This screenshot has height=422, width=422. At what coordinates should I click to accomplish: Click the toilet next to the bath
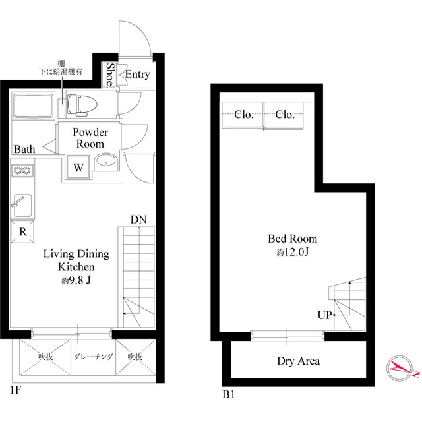(x=82, y=105)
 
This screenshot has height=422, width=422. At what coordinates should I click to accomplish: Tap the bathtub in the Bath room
(x=33, y=105)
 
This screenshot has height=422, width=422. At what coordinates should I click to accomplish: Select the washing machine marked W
(x=78, y=167)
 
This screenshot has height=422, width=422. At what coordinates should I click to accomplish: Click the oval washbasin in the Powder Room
(x=105, y=162)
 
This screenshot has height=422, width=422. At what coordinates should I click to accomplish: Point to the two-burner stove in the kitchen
(x=22, y=170)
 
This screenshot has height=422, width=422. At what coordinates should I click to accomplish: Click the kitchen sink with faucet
(x=22, y=205)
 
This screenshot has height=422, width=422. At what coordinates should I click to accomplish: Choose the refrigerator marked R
(x=22, y=231)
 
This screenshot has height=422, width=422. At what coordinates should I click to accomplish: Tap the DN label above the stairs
(x=138, y=220)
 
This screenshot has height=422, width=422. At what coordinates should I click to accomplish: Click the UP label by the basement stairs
(x=325, y=315)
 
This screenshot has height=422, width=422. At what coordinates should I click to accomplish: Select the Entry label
(x=138, y=74)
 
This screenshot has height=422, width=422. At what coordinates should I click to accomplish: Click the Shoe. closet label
(x=109, y=75)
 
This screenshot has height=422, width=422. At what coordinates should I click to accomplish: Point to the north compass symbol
(x=400, y=368)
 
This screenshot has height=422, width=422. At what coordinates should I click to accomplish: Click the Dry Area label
(x=299, y=361)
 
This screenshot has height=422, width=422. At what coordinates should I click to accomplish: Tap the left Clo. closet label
(x=244, y=115)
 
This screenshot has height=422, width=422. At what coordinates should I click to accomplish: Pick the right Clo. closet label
(x=285, y=115)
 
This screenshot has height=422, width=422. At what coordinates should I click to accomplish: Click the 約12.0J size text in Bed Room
(x=292, y=252)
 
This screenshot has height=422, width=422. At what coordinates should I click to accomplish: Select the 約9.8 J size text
(x=76, y=281)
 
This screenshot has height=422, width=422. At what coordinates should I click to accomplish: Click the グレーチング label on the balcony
(x=94, y=357)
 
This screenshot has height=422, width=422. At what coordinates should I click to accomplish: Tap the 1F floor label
(x=16, y=390)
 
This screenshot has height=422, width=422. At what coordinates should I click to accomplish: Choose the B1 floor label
(x=229, y=394)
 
